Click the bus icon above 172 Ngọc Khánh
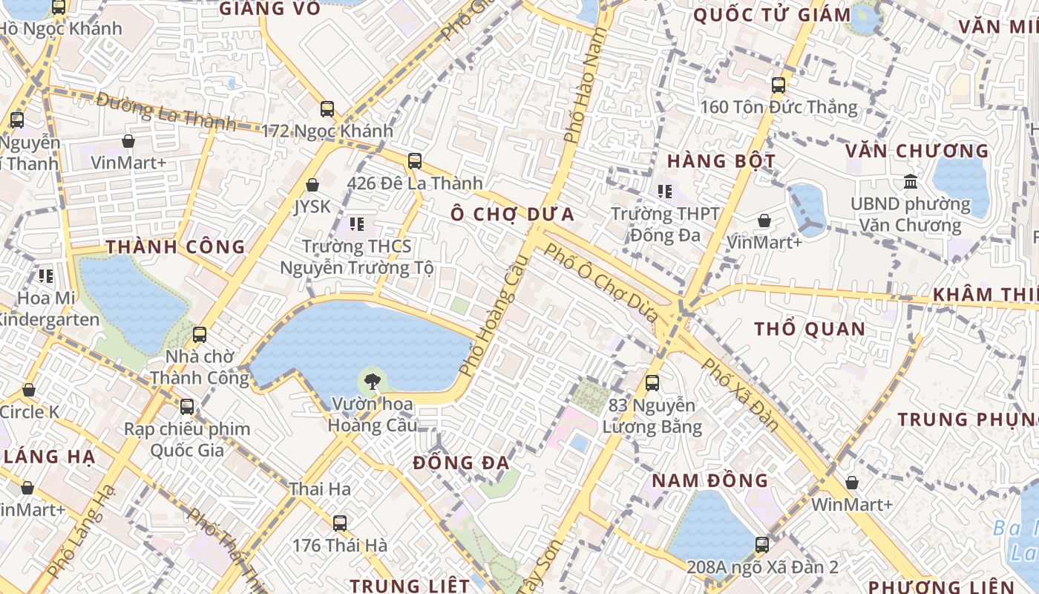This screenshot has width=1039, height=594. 327,109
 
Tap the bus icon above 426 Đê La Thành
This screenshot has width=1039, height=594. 415,160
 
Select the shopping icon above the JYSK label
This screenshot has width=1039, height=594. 312,185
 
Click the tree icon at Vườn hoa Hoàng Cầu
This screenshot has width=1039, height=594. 372,382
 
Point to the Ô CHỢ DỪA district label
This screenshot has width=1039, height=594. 512,214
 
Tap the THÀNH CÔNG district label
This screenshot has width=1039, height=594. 175,247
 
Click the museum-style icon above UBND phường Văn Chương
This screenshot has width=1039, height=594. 910,181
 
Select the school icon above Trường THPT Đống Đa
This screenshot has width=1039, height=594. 664,192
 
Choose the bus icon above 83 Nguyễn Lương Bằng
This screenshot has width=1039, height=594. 652,383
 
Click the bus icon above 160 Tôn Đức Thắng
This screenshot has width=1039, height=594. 778,85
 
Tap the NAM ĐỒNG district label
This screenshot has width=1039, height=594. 710,480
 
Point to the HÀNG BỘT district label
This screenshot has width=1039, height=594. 721,161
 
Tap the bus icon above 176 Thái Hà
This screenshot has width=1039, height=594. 339,523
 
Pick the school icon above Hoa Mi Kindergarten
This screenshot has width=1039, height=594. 46,276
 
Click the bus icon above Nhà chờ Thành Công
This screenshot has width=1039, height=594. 199,335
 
